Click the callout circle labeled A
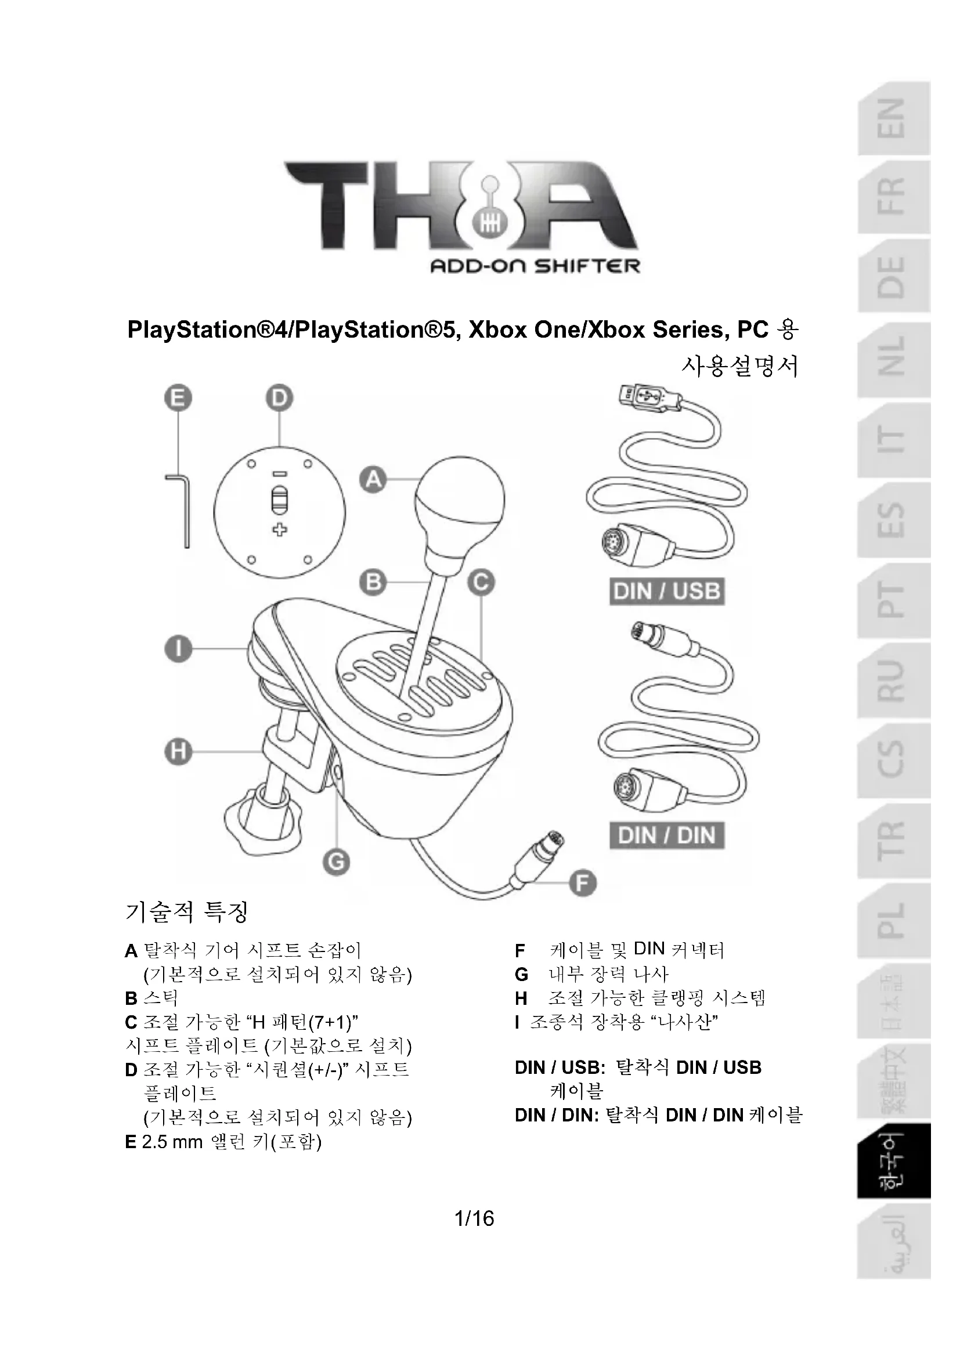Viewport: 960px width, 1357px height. click(374, 479)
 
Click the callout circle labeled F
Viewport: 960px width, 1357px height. click(582, 884)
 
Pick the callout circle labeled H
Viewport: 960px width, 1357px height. click(178, 752)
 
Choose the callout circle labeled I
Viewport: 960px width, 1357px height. click(178, 649)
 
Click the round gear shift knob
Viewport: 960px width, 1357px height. click(459, 497)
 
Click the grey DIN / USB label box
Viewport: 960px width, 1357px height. click(667, 591)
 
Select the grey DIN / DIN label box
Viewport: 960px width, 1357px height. click(667, 835)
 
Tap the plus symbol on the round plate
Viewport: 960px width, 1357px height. click(280, 529)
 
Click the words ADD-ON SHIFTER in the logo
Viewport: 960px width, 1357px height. click(536, 266)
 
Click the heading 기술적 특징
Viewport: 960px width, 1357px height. click(186, 912)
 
